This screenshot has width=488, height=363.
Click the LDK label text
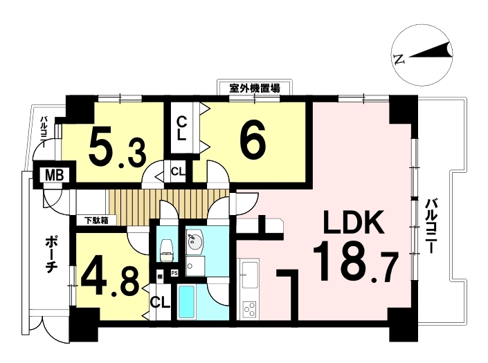click(x=353, y=222)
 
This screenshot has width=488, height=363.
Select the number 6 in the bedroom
click(x=253, y=138)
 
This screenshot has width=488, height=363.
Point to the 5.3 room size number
click(x=117, y=147)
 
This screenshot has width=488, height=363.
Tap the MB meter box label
click(x=55, y=176)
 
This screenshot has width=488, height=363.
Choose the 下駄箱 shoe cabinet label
click(x=97, y=221)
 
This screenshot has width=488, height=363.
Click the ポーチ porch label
click(x=50, y=254)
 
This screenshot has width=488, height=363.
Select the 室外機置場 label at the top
click(x=255, y=88)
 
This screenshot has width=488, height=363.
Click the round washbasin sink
click(x=195, y=240)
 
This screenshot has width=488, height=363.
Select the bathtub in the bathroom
click(x=186, y=301)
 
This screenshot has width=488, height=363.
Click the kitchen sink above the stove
click(x=250, y=274)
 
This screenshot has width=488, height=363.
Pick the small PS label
click(x=174, y=274)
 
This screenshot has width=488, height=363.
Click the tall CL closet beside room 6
click(x=181, y=129)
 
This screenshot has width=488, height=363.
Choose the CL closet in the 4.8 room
click(x=161, y=301)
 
